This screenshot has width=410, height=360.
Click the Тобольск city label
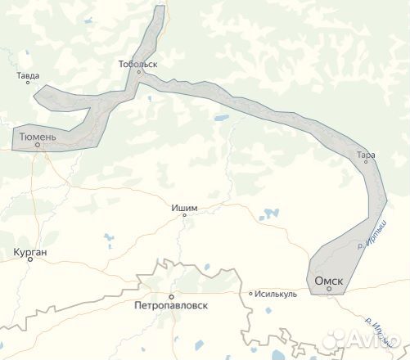coord(137,63)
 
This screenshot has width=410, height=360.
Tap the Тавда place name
coord(28,76)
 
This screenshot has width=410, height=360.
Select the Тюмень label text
coord(38,137)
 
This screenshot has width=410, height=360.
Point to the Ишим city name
coord(185,208)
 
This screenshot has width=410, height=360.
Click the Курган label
coord(30,252)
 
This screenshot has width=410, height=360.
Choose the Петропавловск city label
coord(170,304)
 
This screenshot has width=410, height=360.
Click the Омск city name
coord(329,281)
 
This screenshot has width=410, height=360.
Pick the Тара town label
coord(366,154)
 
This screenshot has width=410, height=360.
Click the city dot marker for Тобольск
coord(139,72)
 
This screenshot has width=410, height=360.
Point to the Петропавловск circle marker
coord(171,295)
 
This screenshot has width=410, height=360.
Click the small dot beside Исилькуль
coord(251,294)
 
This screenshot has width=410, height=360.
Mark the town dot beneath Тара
coord(365,161)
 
